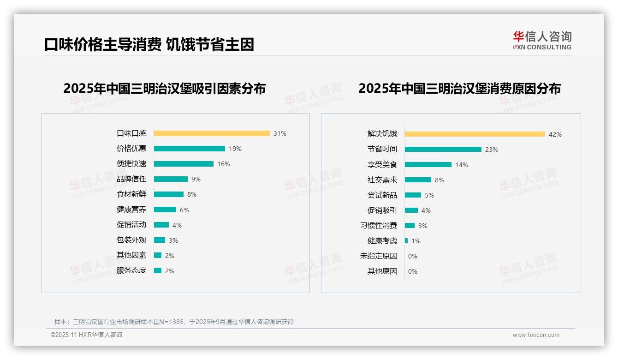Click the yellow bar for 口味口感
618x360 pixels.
tap(212, 133)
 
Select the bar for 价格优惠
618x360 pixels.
tap(190, 149)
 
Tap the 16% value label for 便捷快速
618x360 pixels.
tap(224, 164)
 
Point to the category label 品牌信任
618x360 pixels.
tap(131, 179)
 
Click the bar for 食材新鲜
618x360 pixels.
tap(169, 194)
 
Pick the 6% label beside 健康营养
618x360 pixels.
tap(184, 210)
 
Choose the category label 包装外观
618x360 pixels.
tap(131, 240)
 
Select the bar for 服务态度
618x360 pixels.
tap(158, 270)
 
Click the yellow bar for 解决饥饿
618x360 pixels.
tap(475, 134)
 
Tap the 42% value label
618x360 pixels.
tap(555, 134)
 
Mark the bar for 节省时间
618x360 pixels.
tap(443, 150)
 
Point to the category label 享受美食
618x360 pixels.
tap(382, 165)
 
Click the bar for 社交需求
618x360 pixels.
tap(418, 180)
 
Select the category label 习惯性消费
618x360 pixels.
tap(379, 226)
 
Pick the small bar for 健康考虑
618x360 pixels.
tap(406, 241)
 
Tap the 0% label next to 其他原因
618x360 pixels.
tap(413, 271)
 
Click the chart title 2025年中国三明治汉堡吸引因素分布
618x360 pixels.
tap(165, 89)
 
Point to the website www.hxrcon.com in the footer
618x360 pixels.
tap(536, 335)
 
